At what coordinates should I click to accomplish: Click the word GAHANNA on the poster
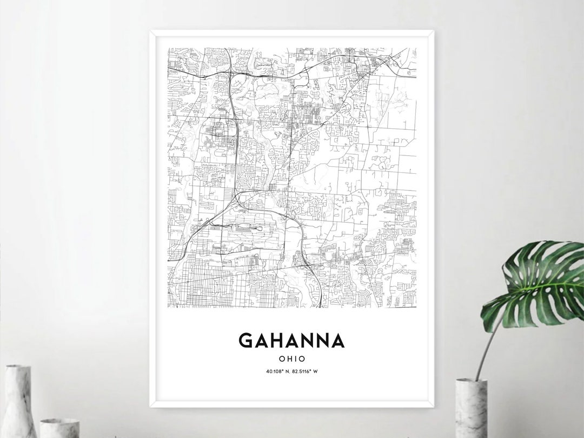point(291,341)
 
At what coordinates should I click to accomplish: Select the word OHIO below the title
point(292,358)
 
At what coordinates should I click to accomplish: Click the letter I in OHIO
point(296,358)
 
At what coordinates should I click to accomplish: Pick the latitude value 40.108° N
point(277,371)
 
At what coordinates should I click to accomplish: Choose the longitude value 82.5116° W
point(306,371)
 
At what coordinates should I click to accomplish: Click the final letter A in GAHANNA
point(337,341)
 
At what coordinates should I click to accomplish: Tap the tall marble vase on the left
point(19,401)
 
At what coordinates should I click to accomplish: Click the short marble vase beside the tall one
point(59,428)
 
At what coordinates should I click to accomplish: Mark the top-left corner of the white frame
point(151,32)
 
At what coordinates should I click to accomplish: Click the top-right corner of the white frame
point(434,32)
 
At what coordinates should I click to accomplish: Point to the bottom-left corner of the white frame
point(151,407)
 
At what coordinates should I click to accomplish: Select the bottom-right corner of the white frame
point(434,407)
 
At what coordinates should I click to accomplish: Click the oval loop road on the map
point(221,129)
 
